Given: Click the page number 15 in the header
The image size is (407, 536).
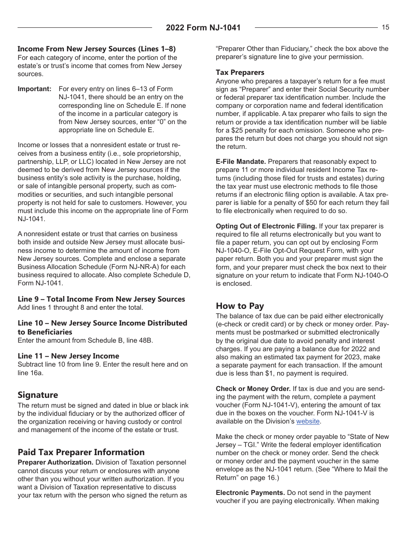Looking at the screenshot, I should pos(385,27).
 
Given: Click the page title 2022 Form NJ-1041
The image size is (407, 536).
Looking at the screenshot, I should pos(203,28).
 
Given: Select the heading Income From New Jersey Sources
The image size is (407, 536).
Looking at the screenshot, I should pos(96,49).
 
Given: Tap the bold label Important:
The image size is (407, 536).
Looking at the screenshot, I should pos(34,89).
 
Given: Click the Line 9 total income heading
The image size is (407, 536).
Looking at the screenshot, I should pos(101,299).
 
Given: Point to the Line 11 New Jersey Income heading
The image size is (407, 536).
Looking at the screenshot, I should pos(68,356).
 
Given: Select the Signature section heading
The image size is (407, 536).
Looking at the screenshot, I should pos(38,395).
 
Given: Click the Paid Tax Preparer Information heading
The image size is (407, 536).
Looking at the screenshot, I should pos(81,452).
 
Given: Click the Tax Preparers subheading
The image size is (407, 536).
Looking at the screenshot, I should pos(240,72).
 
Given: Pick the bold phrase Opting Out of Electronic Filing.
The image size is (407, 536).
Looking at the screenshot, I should pos(266,226).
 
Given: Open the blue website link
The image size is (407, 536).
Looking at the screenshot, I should pos(308,421).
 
